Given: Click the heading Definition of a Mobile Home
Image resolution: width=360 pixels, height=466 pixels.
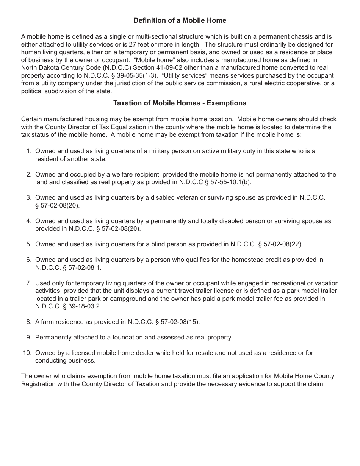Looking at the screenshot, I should tap(180, 20).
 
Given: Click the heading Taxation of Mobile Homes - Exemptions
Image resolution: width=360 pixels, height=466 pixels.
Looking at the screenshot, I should tap(180, 103).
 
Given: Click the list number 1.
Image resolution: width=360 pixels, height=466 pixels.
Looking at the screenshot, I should tap(29, 151).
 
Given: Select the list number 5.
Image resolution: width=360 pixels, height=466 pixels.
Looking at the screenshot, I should tap(29, 244).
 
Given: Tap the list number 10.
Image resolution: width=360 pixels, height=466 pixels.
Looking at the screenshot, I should tap(27, 353).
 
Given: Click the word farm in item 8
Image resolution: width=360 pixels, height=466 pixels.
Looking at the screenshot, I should tap(47, 322).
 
